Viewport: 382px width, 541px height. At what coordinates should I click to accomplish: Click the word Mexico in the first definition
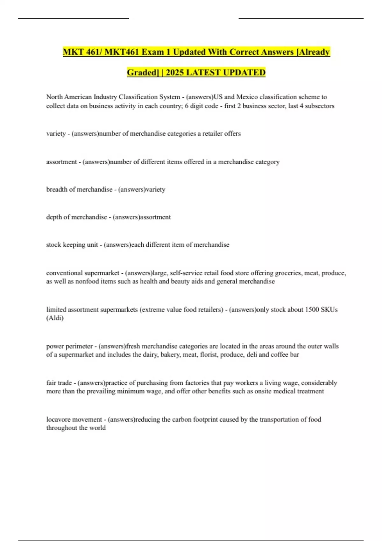click(x=247, y=97)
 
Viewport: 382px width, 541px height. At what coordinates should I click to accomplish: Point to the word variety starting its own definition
click(x=56, y=134)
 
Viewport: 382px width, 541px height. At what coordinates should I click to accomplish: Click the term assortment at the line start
click(x=61, y=162)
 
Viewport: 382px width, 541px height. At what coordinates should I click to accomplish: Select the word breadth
click(x=57, y=189)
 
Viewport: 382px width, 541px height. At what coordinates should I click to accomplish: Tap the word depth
click(x=54, y=217)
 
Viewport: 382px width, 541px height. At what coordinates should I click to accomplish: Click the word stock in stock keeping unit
click(x=53, y=245)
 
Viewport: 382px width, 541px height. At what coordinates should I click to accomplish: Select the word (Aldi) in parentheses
click(x=55, y=318)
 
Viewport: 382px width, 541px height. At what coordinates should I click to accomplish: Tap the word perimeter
click(x=79, y=346)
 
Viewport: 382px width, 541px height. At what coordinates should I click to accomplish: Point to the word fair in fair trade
click(x=51, y=383)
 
